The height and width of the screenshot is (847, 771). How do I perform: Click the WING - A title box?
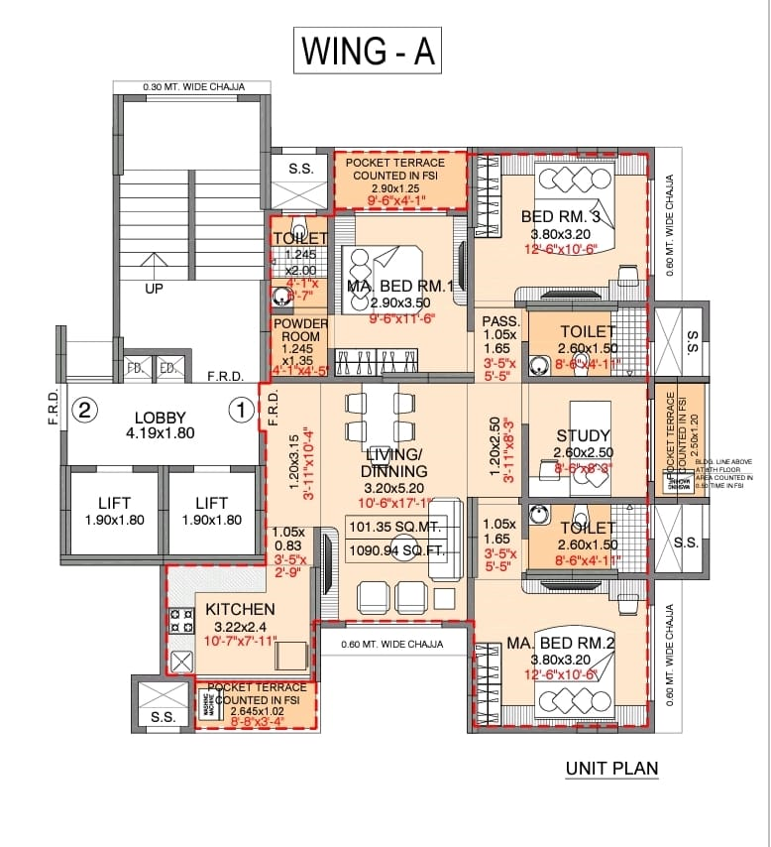coord(367,51)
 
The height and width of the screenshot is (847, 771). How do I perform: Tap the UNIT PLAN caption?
coord(611,768)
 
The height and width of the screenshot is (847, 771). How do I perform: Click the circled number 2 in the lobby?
coord(86,410)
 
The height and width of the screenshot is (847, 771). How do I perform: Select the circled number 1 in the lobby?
coord(239,409)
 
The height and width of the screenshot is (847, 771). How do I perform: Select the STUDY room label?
coord(583,435)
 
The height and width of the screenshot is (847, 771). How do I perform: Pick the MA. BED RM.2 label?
coord(561,643)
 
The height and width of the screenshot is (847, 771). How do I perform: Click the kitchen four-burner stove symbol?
coord(181,621)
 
